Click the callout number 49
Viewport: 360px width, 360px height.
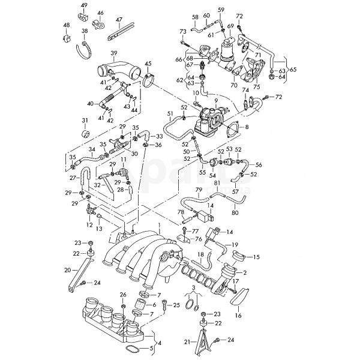point(84,5)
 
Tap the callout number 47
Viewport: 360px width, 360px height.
point(119,20)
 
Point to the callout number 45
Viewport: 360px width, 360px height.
point(148,64)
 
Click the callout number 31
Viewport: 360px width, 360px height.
point(85,120)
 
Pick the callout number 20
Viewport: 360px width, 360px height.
point(68,270)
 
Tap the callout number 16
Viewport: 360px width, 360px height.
point(238,314)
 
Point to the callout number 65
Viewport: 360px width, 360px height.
point(293,70)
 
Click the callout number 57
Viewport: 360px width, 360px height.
point(235,191)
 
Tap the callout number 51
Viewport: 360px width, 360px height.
point(170,113)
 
